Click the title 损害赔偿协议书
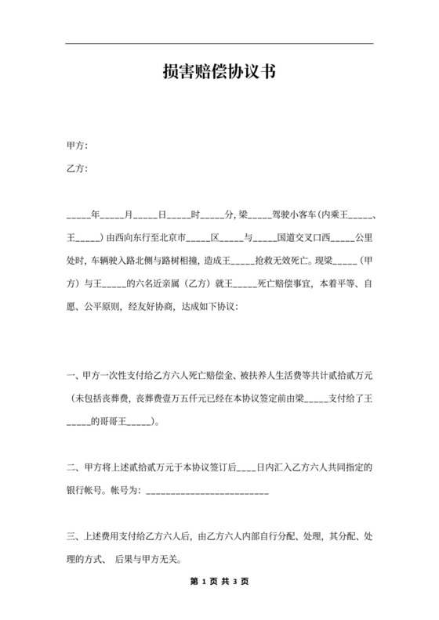[219, 72]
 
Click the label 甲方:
[77, 146]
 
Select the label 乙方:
[77, 168]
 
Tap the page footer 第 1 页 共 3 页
[219, 582]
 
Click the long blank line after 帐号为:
[208, 492]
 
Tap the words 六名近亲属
[166, 283]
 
